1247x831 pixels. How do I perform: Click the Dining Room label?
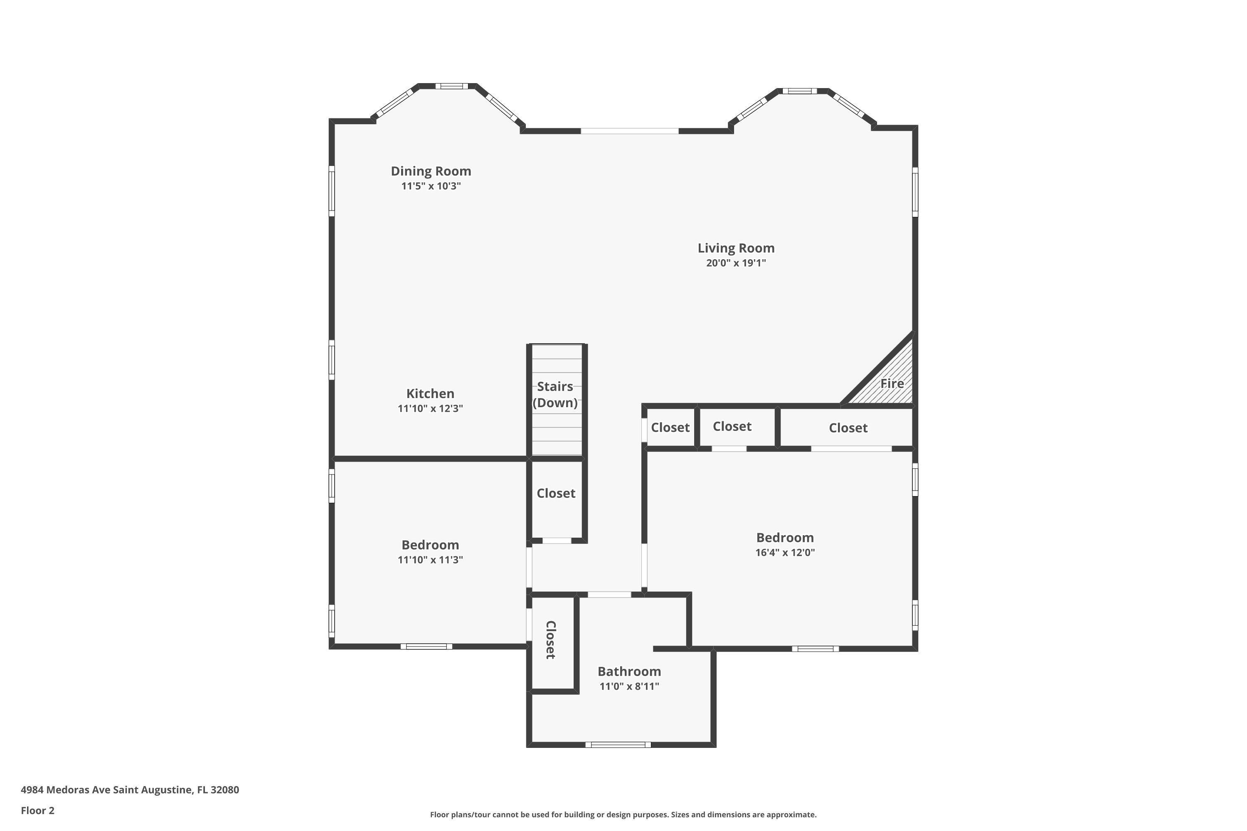[431, 171]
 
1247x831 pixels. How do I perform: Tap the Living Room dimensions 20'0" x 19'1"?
[736, 263]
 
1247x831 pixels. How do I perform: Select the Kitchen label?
[430, 394]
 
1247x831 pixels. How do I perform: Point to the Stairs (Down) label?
[555, 394]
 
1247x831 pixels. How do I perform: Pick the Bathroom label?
[629, 671]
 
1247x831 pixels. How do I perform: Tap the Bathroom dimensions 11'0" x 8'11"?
[629, 686]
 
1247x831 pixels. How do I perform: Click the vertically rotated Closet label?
[551, 640]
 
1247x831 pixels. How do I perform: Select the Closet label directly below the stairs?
[556, 494]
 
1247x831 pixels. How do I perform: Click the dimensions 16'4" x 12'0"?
[785, 553]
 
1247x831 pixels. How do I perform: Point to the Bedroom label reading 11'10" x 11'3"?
[430, 545]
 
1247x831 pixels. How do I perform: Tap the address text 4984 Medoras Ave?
[66, 790]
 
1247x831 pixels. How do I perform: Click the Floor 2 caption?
[38, 810]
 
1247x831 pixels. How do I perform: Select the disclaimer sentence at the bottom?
[623, 814]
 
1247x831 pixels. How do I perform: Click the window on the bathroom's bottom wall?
[618, 745]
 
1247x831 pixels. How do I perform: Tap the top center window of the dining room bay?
[452, 86]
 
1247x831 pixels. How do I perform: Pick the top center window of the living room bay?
[800, 91]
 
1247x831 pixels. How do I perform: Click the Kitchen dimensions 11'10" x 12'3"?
[430, 408]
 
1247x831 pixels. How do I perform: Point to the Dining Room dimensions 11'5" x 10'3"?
[431, 186]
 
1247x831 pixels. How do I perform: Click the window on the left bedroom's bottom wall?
[426, 647]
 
